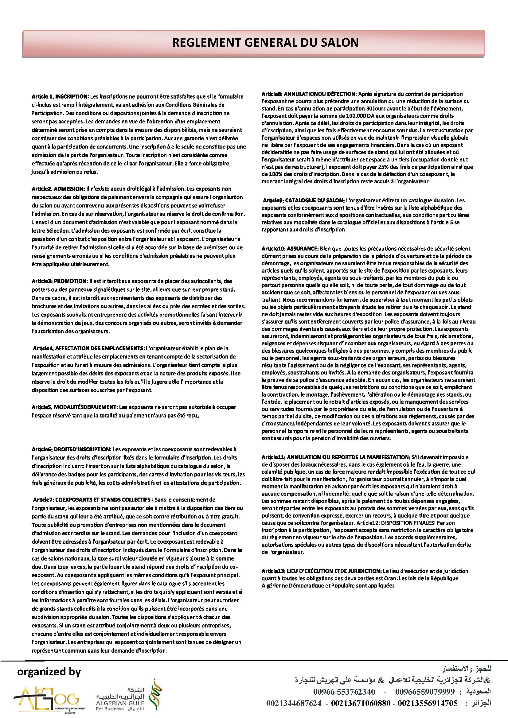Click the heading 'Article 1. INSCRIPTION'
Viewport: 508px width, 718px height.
point(60,96)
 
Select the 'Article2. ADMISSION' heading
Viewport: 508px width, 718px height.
point(58,188)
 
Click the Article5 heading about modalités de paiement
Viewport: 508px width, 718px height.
point(74,407)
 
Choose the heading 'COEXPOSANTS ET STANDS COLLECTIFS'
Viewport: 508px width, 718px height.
point(103,499)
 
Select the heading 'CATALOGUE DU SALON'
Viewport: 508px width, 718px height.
point(315,200)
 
